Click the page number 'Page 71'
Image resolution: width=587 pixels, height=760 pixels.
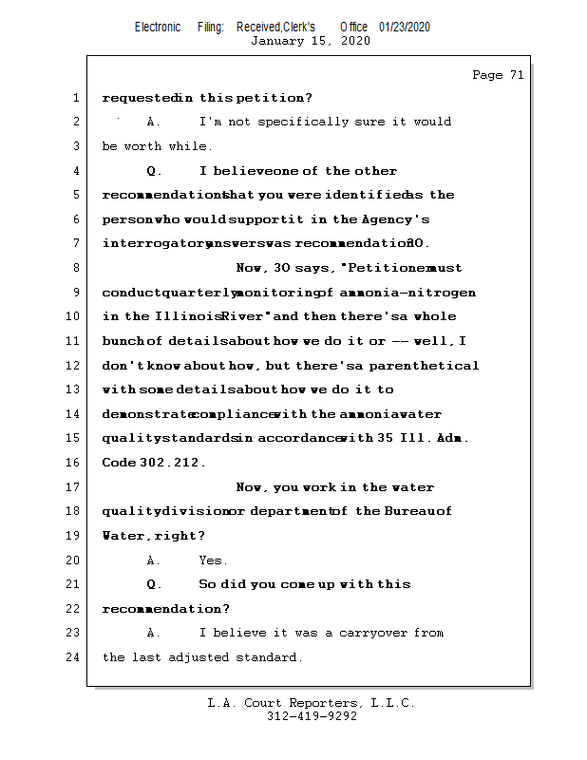pos(498,75)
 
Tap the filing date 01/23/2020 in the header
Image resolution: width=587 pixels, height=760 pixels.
pos(405,28)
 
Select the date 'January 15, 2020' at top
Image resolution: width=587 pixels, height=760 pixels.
pos(311,41)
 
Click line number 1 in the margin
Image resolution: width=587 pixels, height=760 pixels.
pos(75,97)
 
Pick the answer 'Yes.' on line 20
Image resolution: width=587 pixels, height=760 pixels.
pos(214,560)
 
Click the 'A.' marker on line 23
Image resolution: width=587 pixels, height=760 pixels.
pos(154,633)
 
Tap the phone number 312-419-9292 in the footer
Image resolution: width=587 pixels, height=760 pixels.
pos(312,716)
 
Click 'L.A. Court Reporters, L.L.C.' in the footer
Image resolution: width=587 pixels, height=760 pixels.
pos(311,703)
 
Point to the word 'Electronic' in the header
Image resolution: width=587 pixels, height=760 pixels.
pos(158,28)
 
